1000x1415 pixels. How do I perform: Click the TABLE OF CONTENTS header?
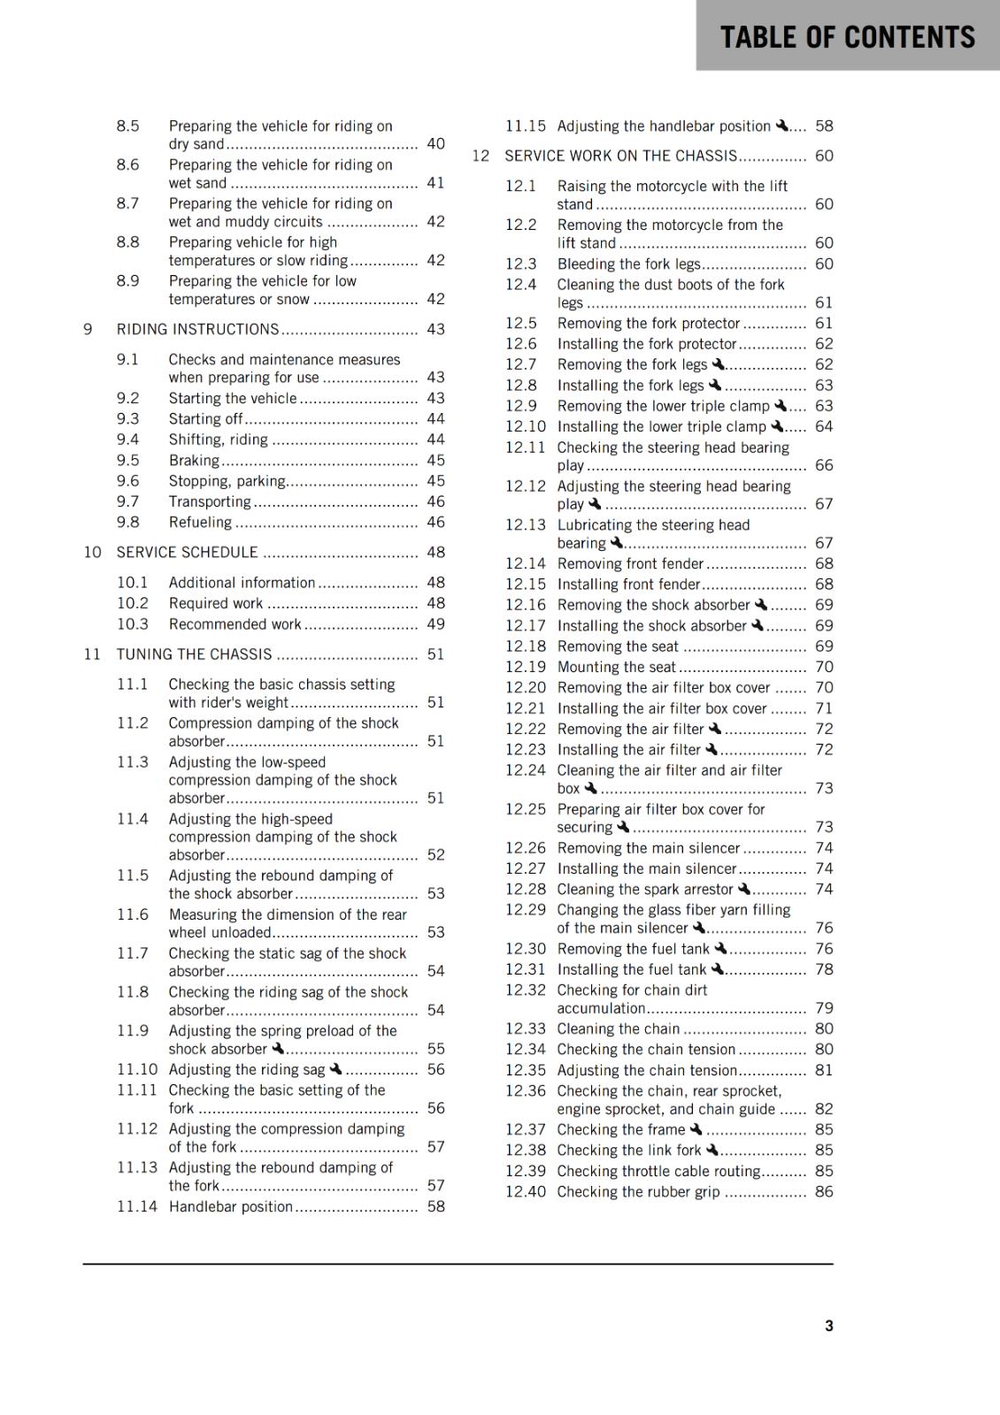click(847, 37)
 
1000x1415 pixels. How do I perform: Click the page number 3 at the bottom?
click(828, 1326)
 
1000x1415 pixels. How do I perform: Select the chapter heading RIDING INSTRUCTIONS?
click(197, 329)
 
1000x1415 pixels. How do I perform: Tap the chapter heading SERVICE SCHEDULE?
click(187, 553)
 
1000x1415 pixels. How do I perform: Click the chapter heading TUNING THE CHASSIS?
click(194, 654)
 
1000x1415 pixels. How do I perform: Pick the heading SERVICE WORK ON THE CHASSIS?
click(620, 156)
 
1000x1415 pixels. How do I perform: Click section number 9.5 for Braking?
click(127, 461)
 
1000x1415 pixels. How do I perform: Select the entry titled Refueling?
click(200, 523)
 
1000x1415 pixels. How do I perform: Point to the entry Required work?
click(216, 603)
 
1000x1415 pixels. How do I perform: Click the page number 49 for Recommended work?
click(435, 624)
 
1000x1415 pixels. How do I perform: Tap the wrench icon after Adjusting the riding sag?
click(335, 1068)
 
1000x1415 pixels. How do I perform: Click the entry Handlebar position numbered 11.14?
click(230, 1206)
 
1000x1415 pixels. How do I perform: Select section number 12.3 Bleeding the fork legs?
click(520, 264)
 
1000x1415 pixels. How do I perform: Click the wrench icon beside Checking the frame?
click(696, 1128)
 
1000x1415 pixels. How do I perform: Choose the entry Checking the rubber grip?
click(638, 1192)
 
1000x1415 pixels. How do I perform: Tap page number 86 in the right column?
click(824, 1192)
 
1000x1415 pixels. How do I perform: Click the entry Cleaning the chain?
click(618, 1029)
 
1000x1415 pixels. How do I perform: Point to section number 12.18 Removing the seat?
click(525, 646)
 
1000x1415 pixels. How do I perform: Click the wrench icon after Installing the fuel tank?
click(717, 968)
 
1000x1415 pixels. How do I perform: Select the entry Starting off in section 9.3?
click(205, 419)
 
